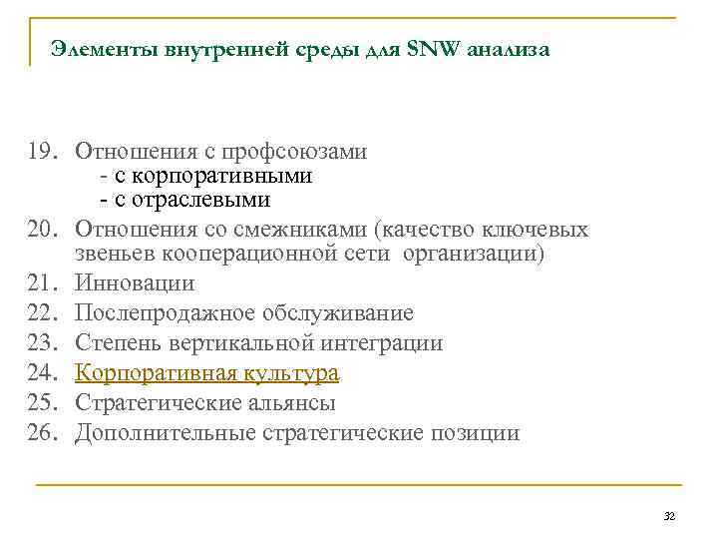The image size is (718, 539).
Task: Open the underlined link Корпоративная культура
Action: coord(207,373)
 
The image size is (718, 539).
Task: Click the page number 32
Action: coord(669,516)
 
